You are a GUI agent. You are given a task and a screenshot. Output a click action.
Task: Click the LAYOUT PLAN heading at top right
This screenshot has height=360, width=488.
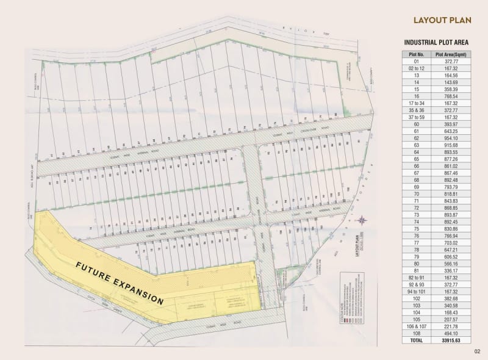click(442, 20)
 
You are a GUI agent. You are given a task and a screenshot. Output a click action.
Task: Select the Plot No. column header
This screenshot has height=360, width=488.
click(417, 54)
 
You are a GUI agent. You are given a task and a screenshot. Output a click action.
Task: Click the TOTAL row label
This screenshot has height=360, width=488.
click(417, 340)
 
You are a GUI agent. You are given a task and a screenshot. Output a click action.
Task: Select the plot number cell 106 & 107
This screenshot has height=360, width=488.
click(417, 326)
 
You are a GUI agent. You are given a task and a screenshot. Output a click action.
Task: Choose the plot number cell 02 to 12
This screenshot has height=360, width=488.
click(417, 68)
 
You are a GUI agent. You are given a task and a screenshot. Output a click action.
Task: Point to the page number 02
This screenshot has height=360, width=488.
click(478, 351)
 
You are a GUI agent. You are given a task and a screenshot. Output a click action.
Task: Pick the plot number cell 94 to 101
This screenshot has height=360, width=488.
click(417, 291)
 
